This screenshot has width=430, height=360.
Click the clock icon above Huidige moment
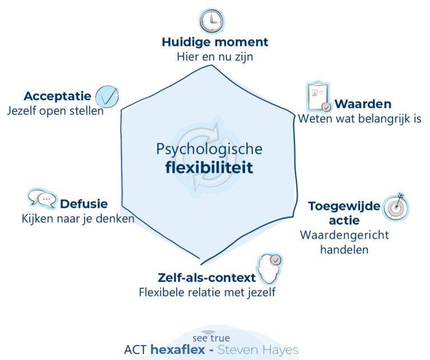tap(211, 21)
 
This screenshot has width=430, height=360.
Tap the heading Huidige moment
tap(215, 42)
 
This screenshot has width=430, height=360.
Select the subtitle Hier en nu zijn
tap(215, 57)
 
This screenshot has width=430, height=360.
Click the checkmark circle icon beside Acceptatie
tap(107, 96)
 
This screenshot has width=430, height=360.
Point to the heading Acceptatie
tap(57, 96)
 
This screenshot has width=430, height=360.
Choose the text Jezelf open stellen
tap(55, 111)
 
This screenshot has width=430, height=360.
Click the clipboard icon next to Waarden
tap(318, 97)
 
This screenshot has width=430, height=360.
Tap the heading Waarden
tap(363, 104)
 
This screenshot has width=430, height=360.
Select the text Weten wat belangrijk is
tap(359, 119)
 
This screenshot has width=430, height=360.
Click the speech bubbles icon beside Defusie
tap(42, 199)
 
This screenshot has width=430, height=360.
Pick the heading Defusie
tap(84, 204)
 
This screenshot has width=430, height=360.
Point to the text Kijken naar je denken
tap(78, 219)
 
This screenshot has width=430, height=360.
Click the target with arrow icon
tap(396, 207)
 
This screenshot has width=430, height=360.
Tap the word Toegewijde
tap(344, 206)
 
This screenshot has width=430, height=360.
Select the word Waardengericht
tap(344, 235)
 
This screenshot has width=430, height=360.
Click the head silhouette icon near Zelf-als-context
tap(269, 269)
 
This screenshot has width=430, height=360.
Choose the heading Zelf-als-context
tap(207, 278)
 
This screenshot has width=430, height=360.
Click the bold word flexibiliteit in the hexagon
tap(209, 167)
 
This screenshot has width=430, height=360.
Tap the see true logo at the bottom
tap(211, 336)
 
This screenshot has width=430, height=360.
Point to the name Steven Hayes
tap(258, 350)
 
